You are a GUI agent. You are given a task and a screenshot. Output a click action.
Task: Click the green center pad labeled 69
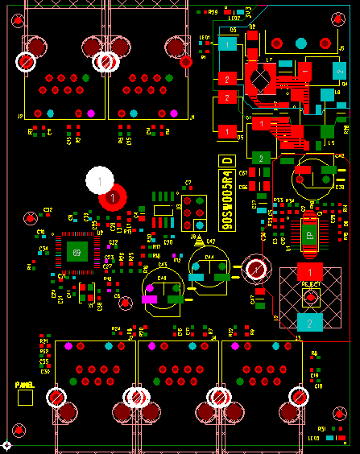[x=77, y=253]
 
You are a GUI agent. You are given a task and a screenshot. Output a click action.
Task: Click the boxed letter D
[x=226, y=161]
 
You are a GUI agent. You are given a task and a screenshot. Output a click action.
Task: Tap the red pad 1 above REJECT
[x=310, y=271]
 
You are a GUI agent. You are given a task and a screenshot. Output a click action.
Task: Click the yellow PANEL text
[x=25, y=385]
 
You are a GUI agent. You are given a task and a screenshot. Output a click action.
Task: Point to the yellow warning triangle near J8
[x=198, y=239]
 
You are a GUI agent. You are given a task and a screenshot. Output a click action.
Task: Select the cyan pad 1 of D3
[x=229, y=44]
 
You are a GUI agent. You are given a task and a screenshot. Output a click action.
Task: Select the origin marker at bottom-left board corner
[x=6, y=445]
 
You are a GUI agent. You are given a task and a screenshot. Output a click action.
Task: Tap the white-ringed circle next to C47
[x=257, y=268]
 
